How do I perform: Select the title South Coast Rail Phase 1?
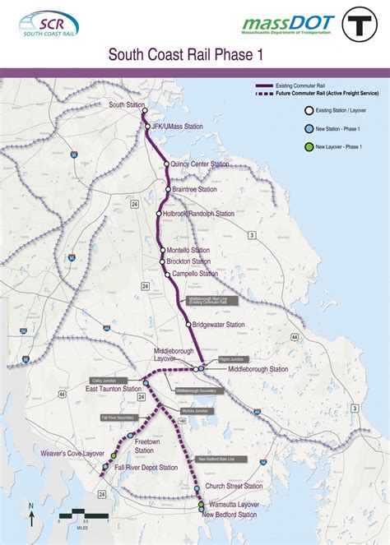click(x=191, y=55)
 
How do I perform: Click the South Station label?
click(x=125, y=105)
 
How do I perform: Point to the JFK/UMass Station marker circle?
click(x=149, y=127)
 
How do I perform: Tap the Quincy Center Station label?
click(x=201, y=164)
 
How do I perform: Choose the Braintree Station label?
click(x=195, y=189)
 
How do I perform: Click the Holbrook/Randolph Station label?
click(x=198, y=214)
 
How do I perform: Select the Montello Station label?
click(x=188, y=250)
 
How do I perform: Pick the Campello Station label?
click(x=195, y=274)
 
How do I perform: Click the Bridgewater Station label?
click(x=219, y=325)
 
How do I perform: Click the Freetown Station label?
click(x=144, y=446)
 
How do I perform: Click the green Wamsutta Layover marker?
click(x=200, y=503)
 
